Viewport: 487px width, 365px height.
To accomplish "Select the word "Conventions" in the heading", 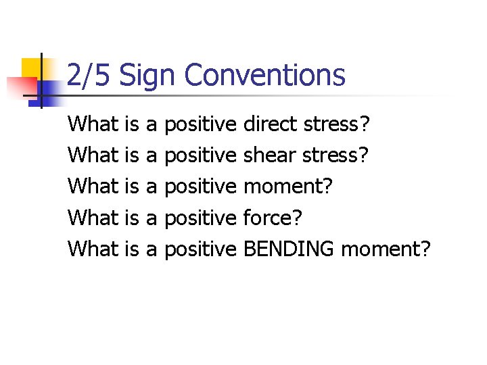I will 264,76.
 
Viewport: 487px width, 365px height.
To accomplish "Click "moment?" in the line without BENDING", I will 287,187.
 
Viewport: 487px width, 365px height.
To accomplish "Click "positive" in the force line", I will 200,218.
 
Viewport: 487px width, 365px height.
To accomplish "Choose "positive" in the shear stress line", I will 200,155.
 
